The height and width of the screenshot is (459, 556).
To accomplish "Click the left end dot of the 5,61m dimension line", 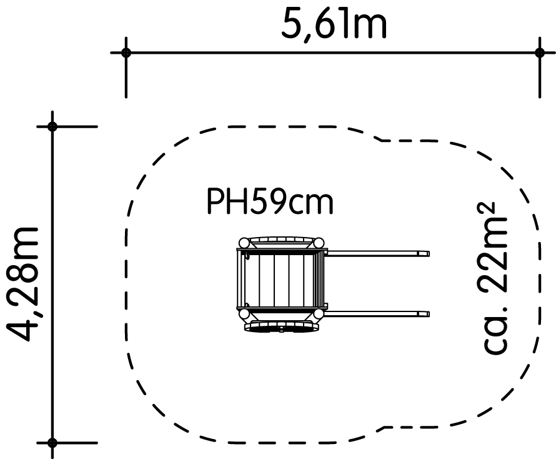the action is (126, 53).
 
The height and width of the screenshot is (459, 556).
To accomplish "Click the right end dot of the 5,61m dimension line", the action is (539, 53).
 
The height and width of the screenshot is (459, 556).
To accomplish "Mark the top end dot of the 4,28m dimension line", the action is (52, 126).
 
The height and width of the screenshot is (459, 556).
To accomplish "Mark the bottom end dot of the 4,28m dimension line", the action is (52, 443).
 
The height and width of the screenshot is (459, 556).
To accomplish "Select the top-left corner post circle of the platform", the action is (244, 243).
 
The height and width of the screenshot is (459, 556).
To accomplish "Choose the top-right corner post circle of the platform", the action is (319, 243).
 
